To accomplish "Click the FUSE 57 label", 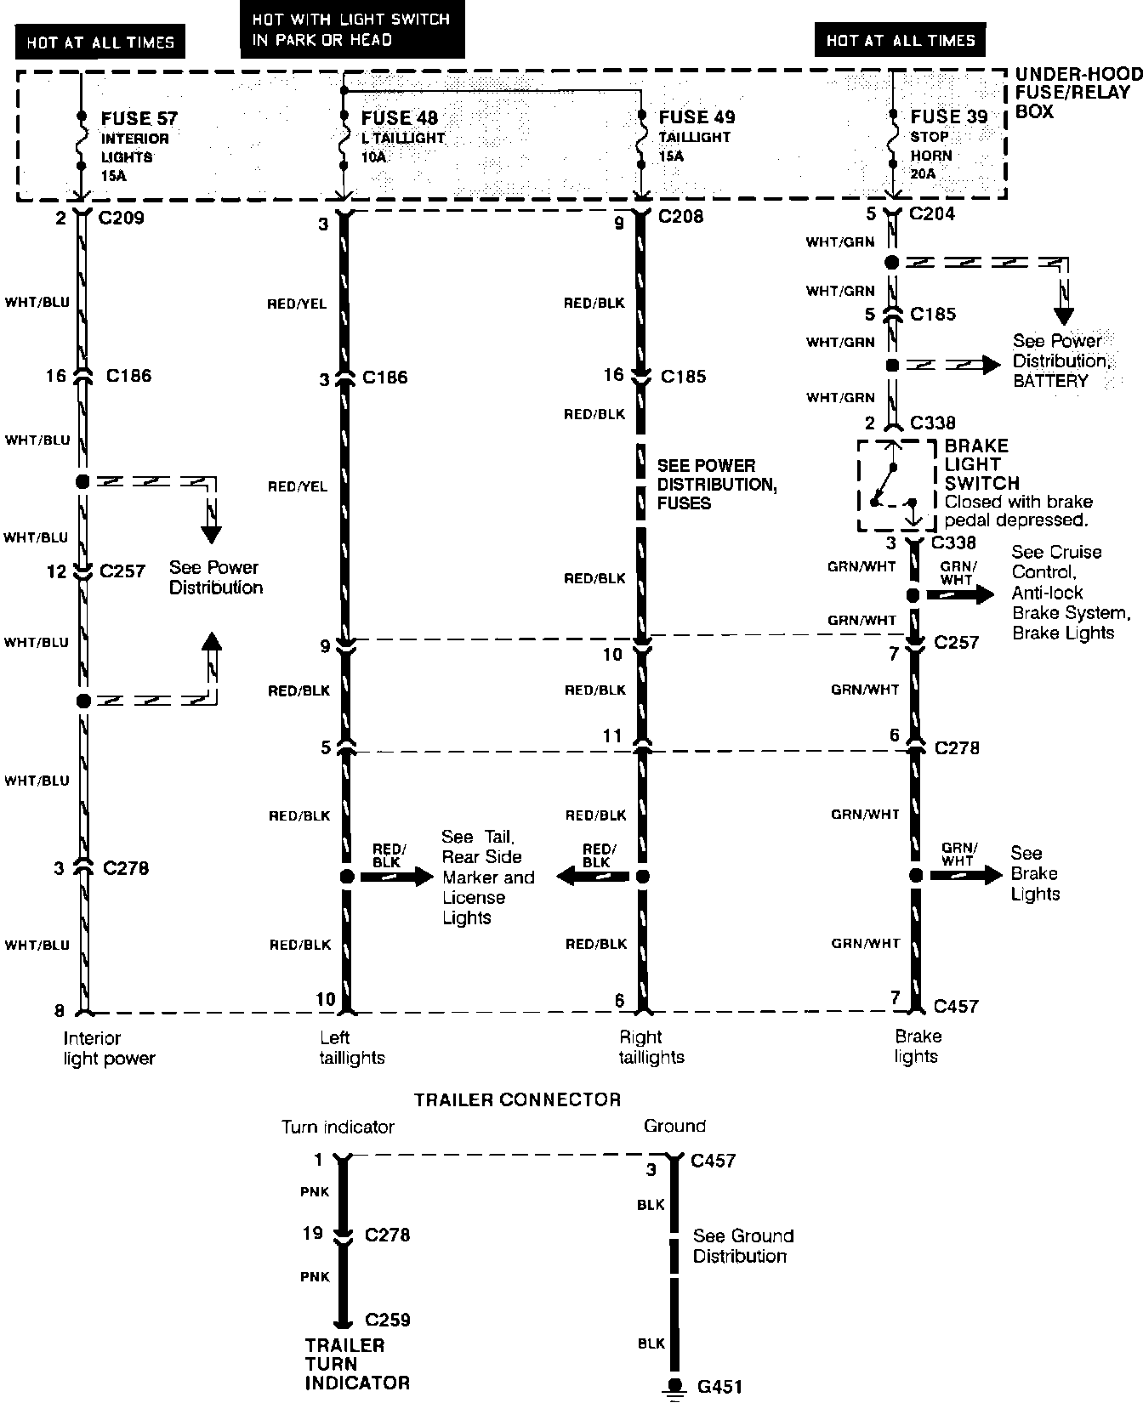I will point(139,118).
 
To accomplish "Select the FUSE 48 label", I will point(400,118).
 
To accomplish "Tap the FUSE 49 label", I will point(697,117).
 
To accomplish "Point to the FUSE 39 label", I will point(948,117).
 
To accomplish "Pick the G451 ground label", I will point(719,1386).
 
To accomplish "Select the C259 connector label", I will point(388,1320).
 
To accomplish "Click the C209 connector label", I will point(121,218).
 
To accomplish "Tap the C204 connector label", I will point(932,213).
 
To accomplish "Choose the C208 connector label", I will point(680,216).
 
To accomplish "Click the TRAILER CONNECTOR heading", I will point(517,1099).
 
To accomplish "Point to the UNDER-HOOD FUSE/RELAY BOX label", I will point(1078,93).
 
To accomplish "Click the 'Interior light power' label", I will point(109,1048).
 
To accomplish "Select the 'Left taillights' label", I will point(352,1048).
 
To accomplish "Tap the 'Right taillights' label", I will point(651,1047).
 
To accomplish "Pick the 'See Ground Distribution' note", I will point(742,1246).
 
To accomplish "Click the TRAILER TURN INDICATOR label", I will point(357,1364).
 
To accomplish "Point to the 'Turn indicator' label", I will point(338,1128).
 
